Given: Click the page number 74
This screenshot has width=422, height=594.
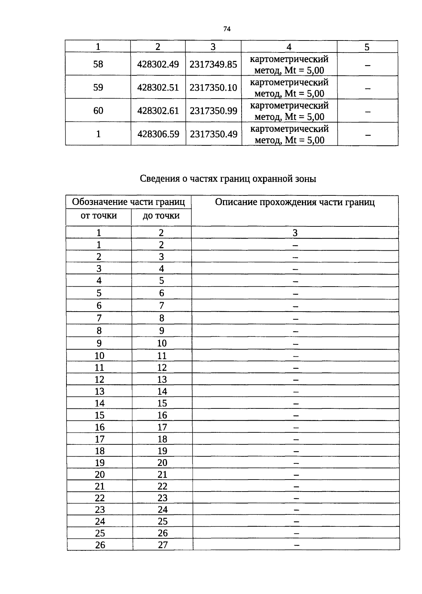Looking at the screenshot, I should pos(226,29).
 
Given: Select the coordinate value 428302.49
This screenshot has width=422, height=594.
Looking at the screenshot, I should pos(158,64).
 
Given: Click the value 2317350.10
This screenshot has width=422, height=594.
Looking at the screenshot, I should pos(213,88).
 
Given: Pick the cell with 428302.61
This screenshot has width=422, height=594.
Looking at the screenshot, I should pos(158,111).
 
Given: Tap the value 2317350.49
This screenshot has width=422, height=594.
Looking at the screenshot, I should pos(213,134).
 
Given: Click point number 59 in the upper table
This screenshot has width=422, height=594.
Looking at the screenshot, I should pos(98,87).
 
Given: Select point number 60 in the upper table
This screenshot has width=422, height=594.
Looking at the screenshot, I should pos(98,111).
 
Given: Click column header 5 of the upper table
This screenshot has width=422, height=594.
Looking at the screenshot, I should pos(367,47).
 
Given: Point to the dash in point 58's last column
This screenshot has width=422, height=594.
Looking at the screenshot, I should pos(367,65).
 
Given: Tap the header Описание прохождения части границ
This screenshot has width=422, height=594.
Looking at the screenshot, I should pos(295,202).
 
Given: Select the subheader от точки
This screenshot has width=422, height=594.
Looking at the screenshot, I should pos(98,215).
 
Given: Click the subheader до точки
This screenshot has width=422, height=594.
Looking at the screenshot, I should pos(161,215).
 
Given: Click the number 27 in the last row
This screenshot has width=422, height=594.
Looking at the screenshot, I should pos(162,545).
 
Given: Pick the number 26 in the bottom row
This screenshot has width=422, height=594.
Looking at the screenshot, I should pos(100,545).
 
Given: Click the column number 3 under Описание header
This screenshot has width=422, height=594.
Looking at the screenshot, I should pos(295,233).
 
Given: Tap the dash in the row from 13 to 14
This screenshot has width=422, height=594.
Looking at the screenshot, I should pos(296,392).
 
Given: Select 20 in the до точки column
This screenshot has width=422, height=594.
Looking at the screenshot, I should pos(162,463).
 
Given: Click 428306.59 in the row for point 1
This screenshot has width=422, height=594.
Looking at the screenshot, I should pos(158,134).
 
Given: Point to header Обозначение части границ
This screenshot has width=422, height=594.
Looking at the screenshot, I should pos(128,202).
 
